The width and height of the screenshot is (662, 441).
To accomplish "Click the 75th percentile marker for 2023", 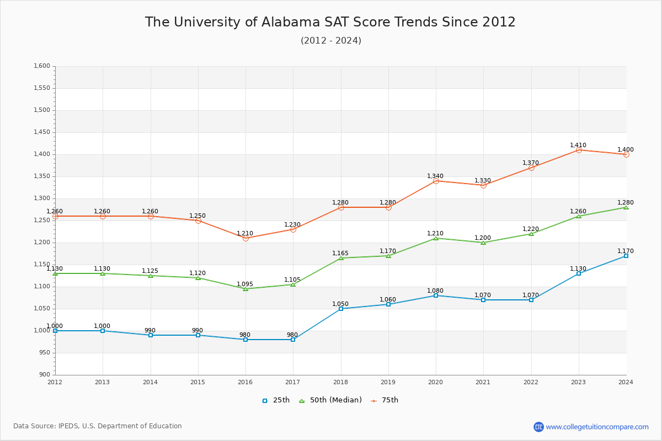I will pyautogui.click(x=579, y=150).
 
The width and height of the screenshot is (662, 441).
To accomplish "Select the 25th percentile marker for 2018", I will pyautogui.click(x=341, y=309).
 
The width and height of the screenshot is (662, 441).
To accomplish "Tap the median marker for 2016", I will pyautogui.click(x=245, y=289).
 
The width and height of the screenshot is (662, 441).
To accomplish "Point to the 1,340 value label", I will pyautogui.click(x=435, y=176).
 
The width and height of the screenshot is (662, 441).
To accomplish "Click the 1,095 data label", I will pyautogui.click(x=245, y=284).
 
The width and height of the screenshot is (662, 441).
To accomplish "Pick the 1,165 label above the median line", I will pyautogui.click(x=340, y=254).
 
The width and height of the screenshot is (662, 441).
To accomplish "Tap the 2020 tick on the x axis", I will pyautogui.click(x=436, y=381).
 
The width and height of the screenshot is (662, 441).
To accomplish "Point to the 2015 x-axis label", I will pyautogui.click(x=198, y=381).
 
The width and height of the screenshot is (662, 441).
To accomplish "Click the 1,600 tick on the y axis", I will pyautogui.click(x=42, y=66).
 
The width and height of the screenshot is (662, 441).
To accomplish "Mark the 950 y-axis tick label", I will pyautogui.click(x=44, y=353).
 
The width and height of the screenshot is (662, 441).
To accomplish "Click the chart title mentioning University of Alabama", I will pyautogui.click(x=330, y=22).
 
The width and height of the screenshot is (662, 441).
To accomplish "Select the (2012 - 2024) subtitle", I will pyautogui.click(x=331, y=41).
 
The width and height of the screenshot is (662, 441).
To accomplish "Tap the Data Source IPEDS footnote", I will pyautogui.click(x=98, y=426).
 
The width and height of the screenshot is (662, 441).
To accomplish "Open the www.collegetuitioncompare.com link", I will pyautogui.click(x=597, y=427).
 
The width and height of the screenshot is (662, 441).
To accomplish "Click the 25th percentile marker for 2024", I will pyautogui.click(x=626, y=256).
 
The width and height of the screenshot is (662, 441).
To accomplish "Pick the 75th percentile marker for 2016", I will pyautogui.click(x=245, y=238).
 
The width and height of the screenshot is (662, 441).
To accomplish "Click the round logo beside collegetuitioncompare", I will pyautogui.click(x=538, y=427).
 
